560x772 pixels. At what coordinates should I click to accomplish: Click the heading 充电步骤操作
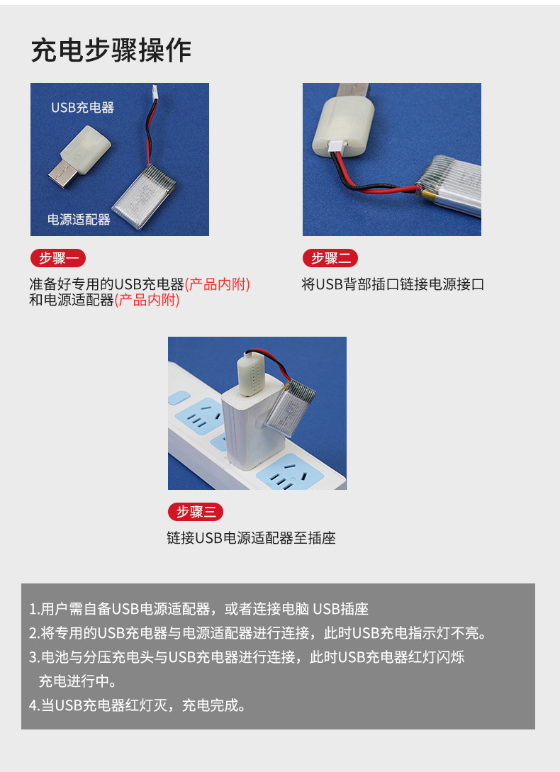click(x=111, y=50)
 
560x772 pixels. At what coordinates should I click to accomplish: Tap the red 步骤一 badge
click(x=58, y=258)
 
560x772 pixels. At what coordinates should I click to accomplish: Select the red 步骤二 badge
click(x=330, y=258)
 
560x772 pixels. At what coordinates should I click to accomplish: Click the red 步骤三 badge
click(x=196, y=512)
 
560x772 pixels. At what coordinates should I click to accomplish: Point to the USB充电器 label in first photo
click(x=82, y=107)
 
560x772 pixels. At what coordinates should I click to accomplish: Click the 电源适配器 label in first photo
click(x=79, y=219)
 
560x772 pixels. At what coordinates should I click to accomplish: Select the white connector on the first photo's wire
click(x=155, y=93)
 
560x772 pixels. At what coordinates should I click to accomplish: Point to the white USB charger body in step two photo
click(x=343, y=126)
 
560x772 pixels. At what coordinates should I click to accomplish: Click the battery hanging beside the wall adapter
click(x=290, y=407)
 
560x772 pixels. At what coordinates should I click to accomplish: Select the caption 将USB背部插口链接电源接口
click(x=393, y=284)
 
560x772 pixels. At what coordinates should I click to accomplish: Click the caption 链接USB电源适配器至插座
click(x=251, y=538)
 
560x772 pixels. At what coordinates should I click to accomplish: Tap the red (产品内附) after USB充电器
click(x=217, y=284)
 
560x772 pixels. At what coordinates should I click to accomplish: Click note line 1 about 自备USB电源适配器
click(x=198, y=609)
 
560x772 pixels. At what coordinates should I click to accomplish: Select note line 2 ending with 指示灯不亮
click(x=257, y=633)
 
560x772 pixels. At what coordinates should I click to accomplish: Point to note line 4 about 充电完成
click(x=137, y=705)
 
